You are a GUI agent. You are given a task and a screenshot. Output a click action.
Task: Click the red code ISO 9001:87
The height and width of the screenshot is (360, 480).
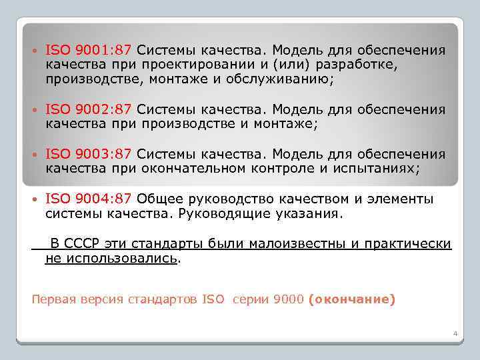click(89, 51)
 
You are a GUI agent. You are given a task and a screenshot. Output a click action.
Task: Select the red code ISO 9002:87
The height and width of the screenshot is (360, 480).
click(89, 109)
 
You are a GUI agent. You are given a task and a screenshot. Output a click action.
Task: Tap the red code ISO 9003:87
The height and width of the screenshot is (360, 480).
click(89, 155)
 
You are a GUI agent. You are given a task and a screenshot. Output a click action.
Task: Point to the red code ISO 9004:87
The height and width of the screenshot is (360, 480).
click(89, 199)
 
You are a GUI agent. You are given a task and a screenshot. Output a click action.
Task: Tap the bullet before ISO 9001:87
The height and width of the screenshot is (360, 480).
click(35, 51)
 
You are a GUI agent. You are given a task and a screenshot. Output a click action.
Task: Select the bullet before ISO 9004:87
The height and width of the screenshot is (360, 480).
click(35, 199)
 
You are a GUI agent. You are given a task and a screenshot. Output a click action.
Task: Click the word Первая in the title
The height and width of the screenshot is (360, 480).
click(53, 299)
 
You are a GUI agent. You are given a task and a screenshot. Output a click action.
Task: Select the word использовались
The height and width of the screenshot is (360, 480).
click(111, 258)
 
